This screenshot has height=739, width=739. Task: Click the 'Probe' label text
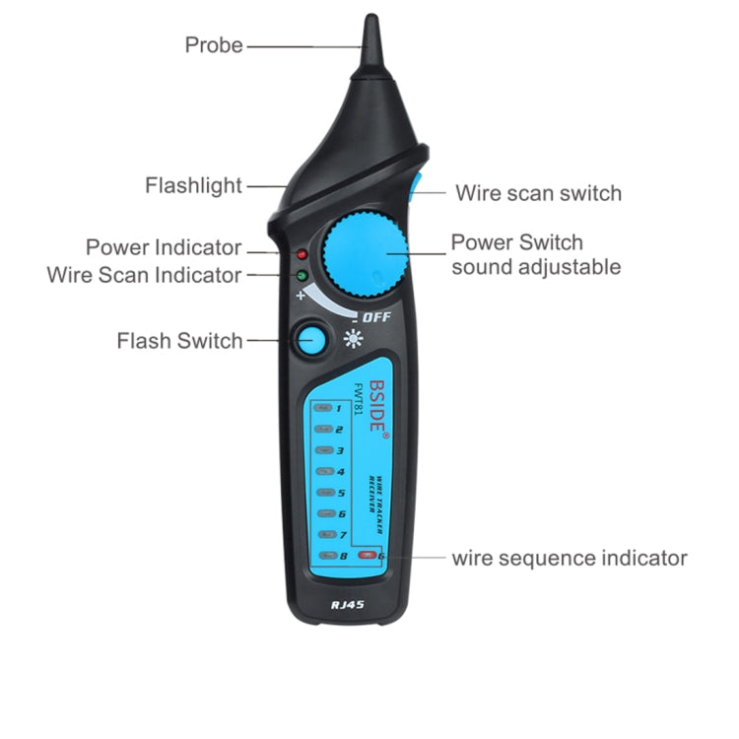[214, 44]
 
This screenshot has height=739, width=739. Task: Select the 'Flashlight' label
[193, 185]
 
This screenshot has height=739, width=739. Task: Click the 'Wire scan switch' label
[538, 193]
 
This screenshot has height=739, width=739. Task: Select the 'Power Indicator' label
[164, 247]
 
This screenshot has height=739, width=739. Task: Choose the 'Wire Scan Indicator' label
[144, 275]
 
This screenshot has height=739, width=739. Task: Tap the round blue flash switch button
[311, 341]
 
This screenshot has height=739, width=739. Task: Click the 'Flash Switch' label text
[179, 341]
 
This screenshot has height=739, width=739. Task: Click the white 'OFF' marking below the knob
[375, 317]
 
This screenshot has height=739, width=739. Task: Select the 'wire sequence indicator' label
[570, 559]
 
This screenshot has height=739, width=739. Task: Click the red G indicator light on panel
[368, 556]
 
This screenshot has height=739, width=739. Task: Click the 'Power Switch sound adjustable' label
[535, 254]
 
